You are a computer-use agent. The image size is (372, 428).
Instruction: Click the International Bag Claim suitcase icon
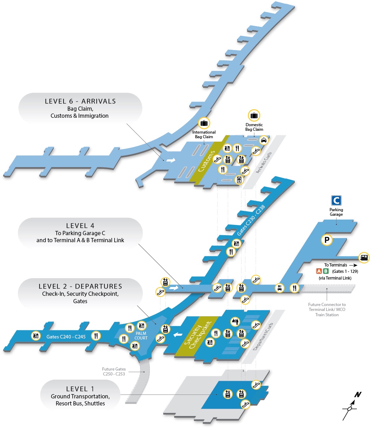coord(204,123)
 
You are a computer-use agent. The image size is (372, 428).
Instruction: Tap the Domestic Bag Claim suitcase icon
coord(254,115)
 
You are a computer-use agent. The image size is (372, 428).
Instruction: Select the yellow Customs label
coord(206,161)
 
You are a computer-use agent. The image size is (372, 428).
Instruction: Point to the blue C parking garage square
coord(336,201)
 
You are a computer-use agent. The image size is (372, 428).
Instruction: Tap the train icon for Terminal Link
coord(364,257)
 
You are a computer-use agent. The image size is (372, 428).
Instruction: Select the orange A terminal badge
coord(319,271)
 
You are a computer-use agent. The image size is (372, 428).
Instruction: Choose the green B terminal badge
coord(326,271)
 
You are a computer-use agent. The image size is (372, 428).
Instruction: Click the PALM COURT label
coord(141,336)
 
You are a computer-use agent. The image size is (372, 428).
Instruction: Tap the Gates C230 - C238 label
coord(251,220)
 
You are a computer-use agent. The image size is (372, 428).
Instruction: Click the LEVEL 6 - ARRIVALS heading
coord(80,101)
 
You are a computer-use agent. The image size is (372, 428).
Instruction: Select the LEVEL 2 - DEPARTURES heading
coord(80,286)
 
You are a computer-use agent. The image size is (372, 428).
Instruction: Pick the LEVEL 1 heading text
coord(80,389)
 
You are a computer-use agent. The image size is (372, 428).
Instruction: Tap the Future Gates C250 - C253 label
coord(114,371)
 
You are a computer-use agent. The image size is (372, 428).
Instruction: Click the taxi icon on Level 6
coord(263,140)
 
